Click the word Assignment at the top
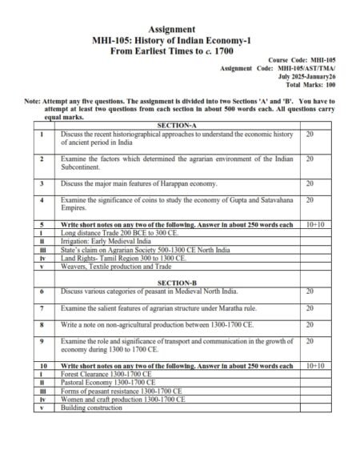click(x=178, y=30)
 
